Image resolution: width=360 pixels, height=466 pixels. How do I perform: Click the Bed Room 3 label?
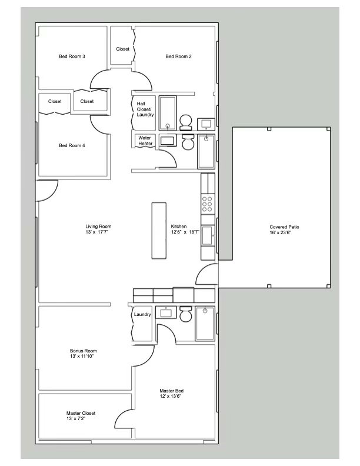click(72, 56)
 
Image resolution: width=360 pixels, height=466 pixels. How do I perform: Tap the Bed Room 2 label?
click(178, 56)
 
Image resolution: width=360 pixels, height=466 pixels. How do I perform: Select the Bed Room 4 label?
click(72, 145)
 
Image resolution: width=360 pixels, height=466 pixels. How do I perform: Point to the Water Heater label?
click(145, 141)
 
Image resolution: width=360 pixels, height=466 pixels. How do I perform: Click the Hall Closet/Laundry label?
click(145, 109)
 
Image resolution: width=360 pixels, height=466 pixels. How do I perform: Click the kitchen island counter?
click(159, 231)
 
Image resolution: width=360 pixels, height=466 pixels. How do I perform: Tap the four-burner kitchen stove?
click(208, 204)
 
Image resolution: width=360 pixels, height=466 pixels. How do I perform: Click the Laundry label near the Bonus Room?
click(142, 315)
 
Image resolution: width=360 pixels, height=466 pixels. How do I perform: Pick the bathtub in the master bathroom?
click(205, 322)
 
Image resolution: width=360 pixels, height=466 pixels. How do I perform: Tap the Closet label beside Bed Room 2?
click(122, 49)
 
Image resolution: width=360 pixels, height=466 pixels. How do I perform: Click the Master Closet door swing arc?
click(124, 419)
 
